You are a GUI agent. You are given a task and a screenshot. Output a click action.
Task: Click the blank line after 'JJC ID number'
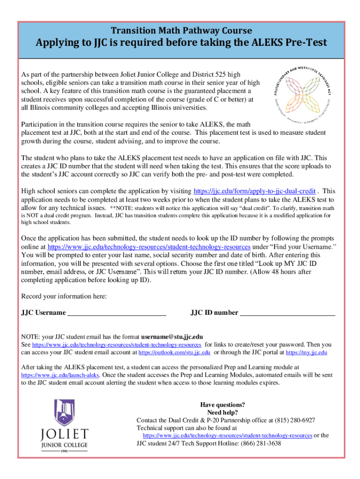[288, 313]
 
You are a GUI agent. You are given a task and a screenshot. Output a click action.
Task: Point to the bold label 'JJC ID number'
[214, 313]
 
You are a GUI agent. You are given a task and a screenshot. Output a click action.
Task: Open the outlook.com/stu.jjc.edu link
[174, 353]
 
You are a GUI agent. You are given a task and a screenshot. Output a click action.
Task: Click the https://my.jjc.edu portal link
[306, 353]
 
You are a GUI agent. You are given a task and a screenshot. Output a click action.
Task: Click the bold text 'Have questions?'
[223, 405]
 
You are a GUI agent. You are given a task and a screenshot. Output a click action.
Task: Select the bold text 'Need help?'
[223, 413]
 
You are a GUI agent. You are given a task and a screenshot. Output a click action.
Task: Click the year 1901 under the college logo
[65, 451]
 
